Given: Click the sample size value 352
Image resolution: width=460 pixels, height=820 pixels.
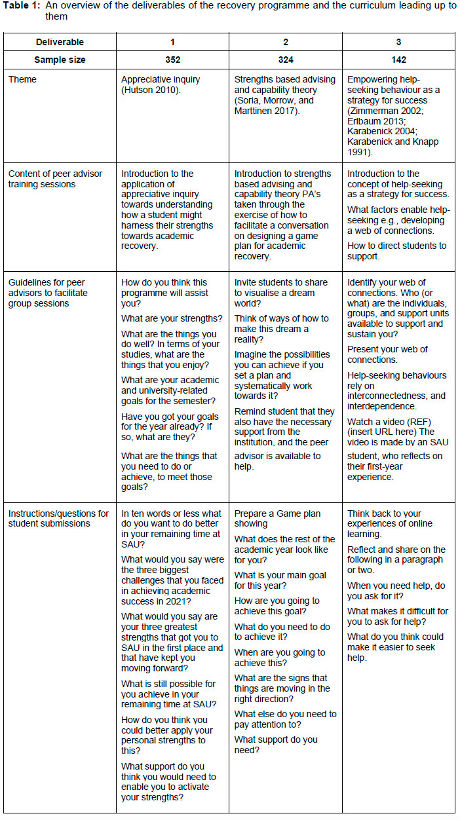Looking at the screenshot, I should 172,60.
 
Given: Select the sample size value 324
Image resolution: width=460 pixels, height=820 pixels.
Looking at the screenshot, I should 286,60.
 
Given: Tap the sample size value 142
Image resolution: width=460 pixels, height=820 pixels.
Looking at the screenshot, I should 398,60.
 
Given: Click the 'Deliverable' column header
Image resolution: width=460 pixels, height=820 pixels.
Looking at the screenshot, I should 60,42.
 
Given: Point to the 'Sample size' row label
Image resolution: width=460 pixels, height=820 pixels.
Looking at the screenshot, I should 60,60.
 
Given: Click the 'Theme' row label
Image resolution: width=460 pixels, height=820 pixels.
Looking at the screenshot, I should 22,79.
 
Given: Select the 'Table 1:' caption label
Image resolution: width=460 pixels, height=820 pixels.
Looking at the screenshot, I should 24,6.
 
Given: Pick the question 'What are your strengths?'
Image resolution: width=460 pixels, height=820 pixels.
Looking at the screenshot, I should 172,318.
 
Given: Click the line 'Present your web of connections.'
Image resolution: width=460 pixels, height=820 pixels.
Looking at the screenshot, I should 387,354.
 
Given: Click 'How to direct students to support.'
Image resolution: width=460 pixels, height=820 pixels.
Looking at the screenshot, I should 396,251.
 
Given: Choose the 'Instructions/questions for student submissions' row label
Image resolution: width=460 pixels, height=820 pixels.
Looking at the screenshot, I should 58,519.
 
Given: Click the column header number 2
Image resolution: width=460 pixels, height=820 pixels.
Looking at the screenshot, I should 286,42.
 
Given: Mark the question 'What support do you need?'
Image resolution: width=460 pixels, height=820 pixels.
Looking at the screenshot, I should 275,745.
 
